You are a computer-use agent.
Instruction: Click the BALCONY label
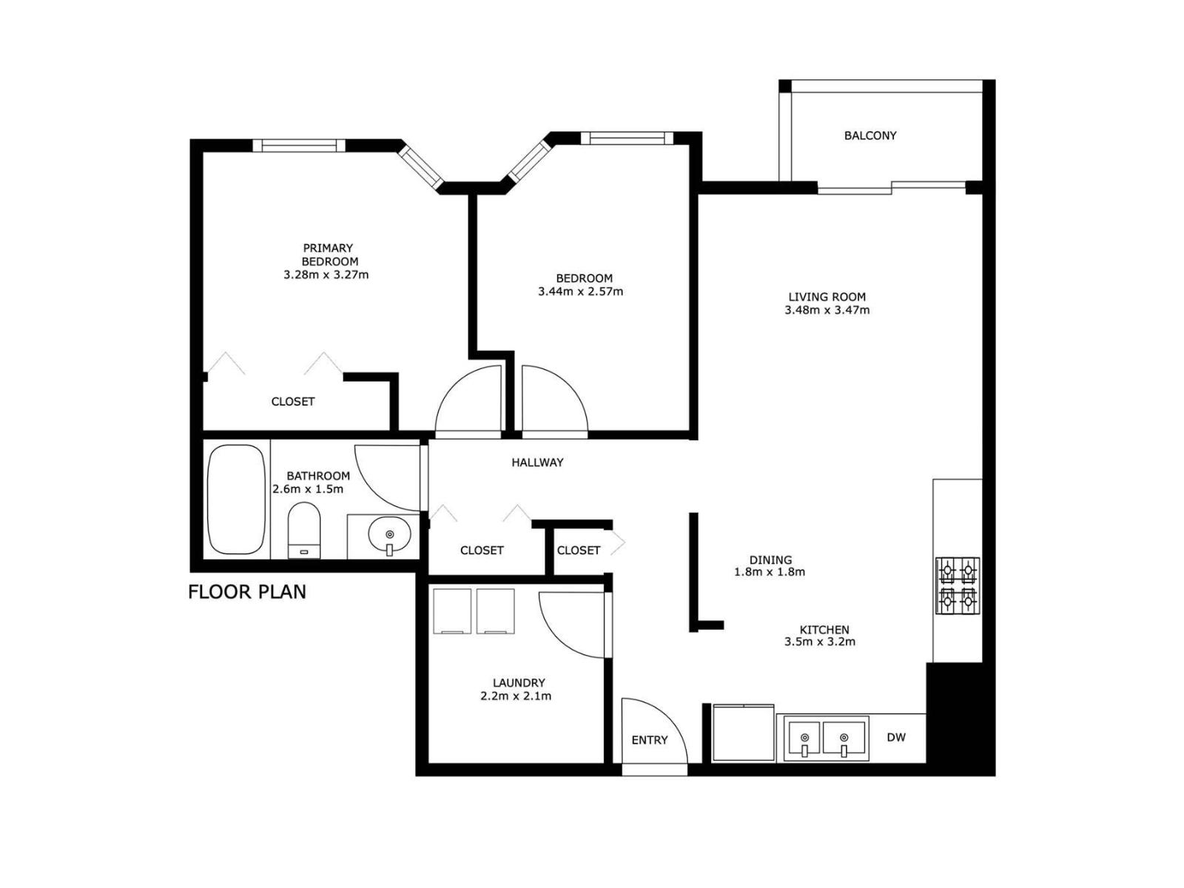pyautogui.click(x=869, y=135)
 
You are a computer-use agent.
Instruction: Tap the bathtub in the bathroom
pyautogui.click(x=236, y=499)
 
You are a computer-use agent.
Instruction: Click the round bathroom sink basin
pyautogui.click(x=389, y=533)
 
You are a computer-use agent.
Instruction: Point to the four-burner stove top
pyautogui.click(x=958, y=586)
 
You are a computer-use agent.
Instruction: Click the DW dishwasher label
pyautogui.click(x=895, y=737)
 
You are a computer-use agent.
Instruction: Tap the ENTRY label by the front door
pyautogui.click(x=649, y=740)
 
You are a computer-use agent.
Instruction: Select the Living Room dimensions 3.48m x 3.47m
pyautogui.click(x=827, y=310)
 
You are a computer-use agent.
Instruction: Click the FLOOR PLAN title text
pyautogui.click(x=246, y=592)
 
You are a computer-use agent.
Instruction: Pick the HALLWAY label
pyautogui.click(x=537, y=462)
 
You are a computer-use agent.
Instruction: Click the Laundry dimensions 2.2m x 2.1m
pyautogui.click(x=516, y=696)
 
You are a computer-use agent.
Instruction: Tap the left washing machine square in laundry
pyautogui.click(x=451, y=611)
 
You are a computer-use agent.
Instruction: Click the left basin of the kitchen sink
pyautogui.click(x=804, y=739)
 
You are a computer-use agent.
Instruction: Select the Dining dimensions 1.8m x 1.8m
pyautogui.click(x=770, y=572)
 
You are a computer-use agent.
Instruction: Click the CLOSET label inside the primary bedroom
pyautogui.click(x=293, y=402)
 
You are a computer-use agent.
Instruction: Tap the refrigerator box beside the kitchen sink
pyautogui.click(x=743, y=733)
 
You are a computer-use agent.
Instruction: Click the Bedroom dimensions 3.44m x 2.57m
pyautogui.click(x=580, y=292)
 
